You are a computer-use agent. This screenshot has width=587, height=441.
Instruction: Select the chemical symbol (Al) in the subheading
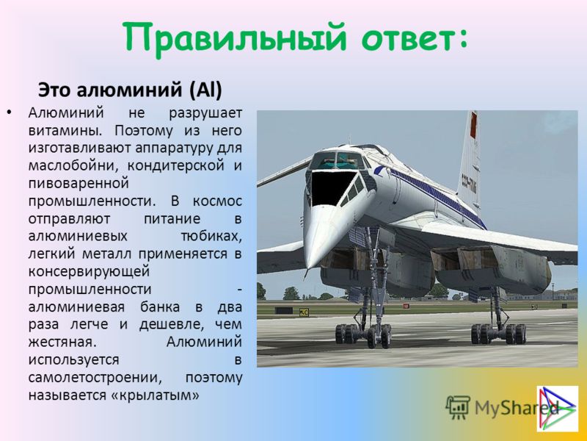205,90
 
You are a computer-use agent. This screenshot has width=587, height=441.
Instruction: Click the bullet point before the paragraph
9,112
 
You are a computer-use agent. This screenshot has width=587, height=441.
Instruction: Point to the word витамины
65,131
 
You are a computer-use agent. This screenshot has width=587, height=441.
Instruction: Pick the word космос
217,201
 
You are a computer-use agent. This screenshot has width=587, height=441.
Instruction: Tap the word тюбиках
211,236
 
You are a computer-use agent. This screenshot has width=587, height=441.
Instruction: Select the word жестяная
60,342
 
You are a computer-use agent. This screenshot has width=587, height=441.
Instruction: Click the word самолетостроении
95,377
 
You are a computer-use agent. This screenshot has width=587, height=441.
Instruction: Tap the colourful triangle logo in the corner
558,409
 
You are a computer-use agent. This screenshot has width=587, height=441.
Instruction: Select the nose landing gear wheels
363,335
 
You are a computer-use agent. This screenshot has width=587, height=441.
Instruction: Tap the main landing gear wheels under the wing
498,334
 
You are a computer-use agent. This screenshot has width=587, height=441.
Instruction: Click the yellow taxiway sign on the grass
304,312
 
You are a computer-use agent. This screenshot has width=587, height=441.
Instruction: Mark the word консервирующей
89,271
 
